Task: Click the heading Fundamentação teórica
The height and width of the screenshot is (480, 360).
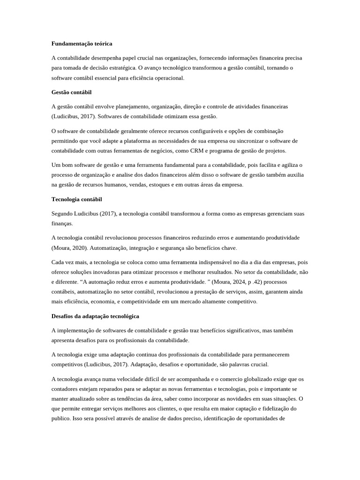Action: point(82,44)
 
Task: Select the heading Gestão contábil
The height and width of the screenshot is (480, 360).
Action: point(71,92)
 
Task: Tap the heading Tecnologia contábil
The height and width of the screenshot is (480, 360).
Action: point(76,199)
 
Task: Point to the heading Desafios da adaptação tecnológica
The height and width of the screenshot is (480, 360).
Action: point(95,316)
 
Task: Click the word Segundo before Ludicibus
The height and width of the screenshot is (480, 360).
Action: point(62,214)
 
